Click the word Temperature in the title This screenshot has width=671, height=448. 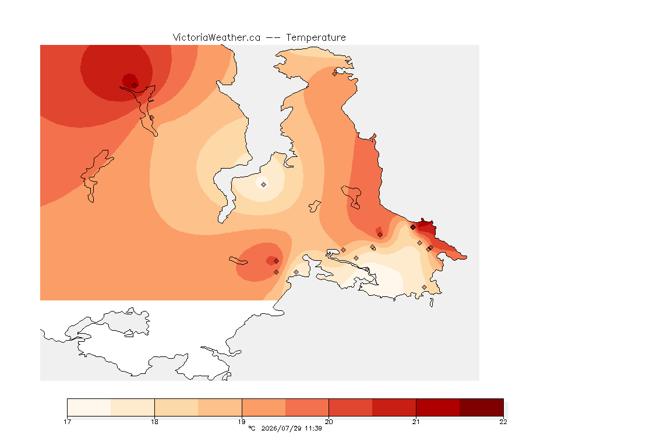(316, 38)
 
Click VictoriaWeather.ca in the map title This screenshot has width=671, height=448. (217, 38)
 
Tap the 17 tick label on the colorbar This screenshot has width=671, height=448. (67, 422)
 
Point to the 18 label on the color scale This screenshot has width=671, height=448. (154, 422)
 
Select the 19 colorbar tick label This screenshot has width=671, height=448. (242, 422)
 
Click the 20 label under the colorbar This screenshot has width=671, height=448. (329, 422)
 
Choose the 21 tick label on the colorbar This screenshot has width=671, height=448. (416, 422)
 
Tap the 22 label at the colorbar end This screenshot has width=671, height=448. (503, 422)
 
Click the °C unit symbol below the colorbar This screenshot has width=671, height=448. (252, 428)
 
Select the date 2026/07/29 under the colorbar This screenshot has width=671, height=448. (281, 428)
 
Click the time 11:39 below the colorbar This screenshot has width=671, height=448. (313, 428)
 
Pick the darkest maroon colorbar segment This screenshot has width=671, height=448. (482, 407)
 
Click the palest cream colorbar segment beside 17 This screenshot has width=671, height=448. (89, 407)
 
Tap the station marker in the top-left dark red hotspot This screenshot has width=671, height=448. (135, 86)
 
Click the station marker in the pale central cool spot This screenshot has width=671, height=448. (264, 185)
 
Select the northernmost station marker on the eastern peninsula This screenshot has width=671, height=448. (335, 73)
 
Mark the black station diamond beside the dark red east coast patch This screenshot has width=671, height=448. (413, 228)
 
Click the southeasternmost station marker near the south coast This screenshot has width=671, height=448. (424, 287)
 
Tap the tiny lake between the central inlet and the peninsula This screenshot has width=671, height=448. (315, 206)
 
